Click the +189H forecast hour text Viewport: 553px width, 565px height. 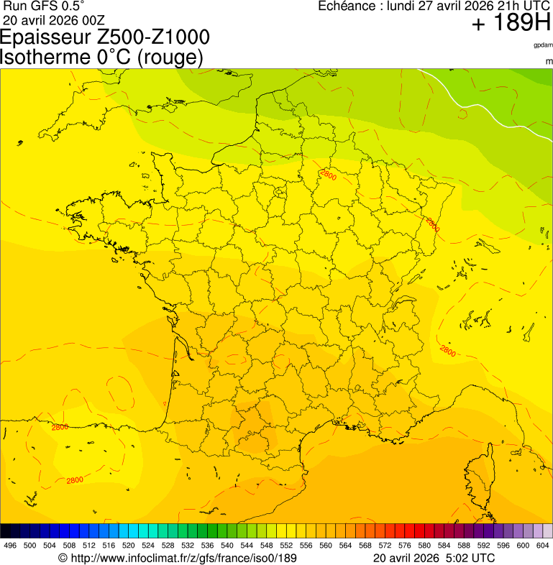[511, 24]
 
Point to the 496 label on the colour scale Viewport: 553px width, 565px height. [10, 546]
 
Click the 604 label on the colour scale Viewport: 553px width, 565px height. [543, 546]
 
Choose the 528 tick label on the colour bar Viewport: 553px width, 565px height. [167, 546]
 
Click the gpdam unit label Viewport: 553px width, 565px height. [543, 45]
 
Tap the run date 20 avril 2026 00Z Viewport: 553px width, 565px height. [54, 19]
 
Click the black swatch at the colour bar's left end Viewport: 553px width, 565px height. [6, 531]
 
